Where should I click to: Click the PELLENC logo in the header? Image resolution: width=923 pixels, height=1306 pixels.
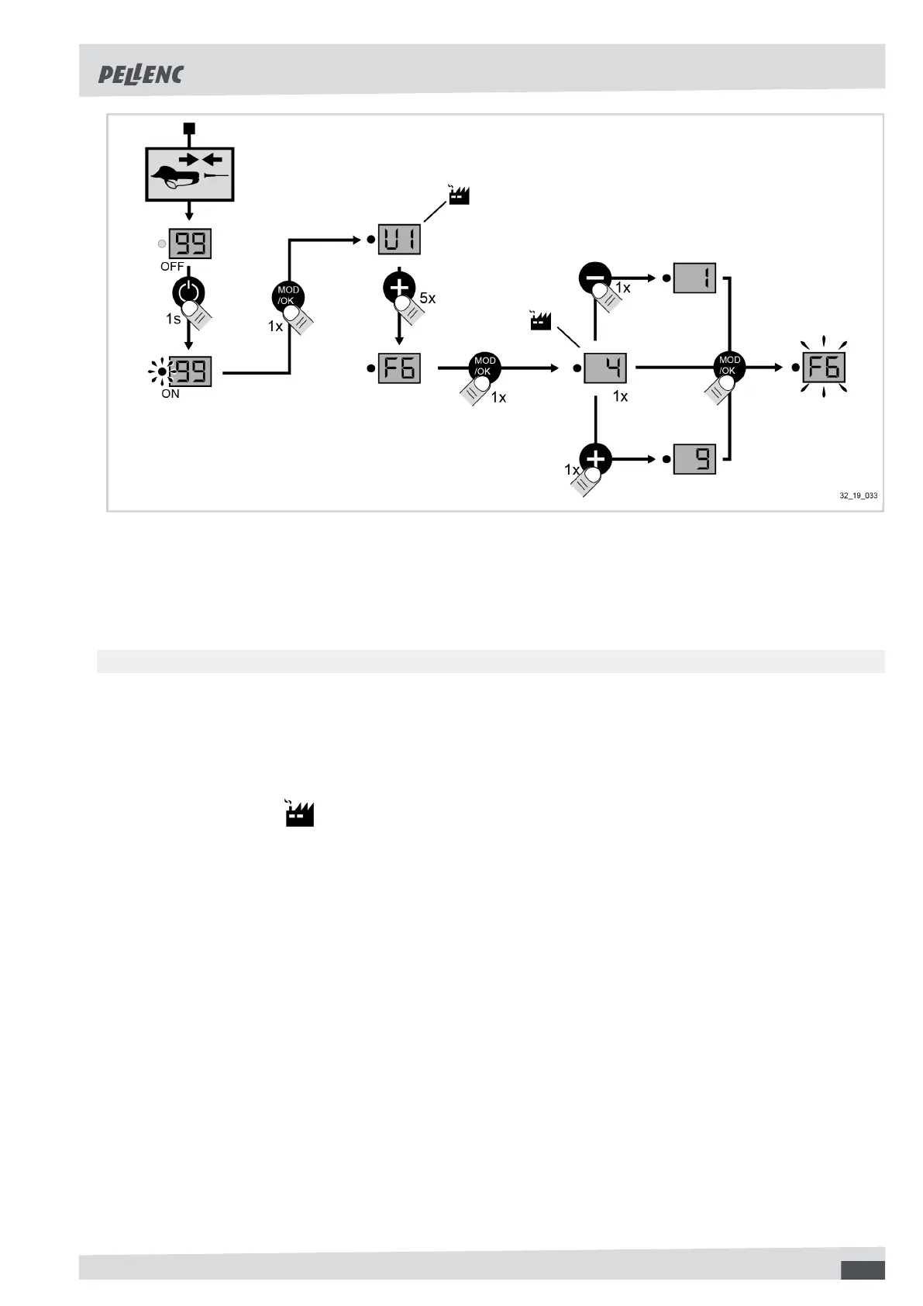point(140,74)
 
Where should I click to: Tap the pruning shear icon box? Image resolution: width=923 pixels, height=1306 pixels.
point(190,174)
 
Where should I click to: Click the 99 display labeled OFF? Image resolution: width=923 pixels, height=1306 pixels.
point(190,244)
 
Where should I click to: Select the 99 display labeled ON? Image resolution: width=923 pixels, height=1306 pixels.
point(190,371)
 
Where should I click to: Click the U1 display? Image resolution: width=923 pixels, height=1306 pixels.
point(399,239)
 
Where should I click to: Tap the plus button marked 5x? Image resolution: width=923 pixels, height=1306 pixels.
point(399,288)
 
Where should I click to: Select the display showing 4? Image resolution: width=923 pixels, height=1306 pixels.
point(605,368)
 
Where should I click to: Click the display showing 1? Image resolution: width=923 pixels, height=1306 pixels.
point(694,278)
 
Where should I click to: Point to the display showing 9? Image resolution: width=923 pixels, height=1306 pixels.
point(694,459)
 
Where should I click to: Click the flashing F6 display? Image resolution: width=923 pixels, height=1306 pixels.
point(823,367)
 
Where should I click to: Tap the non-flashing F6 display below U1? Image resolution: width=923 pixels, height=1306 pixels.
point(399,368)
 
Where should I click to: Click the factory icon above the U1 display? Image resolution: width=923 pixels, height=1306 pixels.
point(459,195)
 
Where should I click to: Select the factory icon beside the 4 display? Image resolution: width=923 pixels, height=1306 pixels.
point(540,319)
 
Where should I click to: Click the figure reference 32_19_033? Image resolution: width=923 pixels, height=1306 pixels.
point(859,496)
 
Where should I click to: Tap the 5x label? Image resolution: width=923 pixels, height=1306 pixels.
point(428,299)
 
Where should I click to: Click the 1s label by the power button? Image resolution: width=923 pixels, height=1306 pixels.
point(173,319)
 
